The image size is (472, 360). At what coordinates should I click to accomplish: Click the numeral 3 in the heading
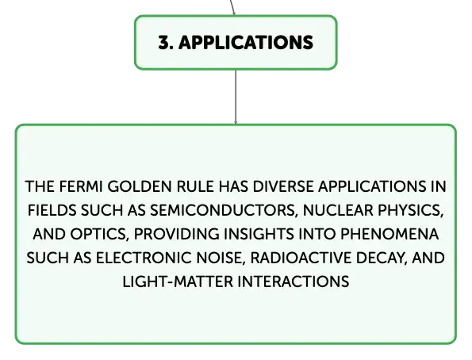[x=164, y=43]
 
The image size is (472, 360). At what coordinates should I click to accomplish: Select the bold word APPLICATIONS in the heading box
[x=246, y=43]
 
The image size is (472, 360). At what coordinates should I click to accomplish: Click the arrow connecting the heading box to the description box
[x=236, y=97]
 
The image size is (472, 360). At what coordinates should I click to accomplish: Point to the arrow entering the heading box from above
[x=232, y=7]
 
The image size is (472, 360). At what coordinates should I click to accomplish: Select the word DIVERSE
[x=283, y=186]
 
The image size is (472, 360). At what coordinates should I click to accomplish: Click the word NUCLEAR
[x=338, y=210]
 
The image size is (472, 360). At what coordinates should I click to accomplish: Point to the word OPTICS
[x=98, y=234]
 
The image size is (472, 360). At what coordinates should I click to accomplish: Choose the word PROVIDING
[x=177, y=234]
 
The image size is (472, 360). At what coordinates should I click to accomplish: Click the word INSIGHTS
[x=259, y=234]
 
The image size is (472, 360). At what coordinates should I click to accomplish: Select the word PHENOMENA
[x=389, y=234]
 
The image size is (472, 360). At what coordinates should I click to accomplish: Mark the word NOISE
[x=221, y=259]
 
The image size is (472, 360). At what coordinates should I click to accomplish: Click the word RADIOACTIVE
[x=301, y=258]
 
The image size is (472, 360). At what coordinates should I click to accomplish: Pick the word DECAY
[x=382, y=259]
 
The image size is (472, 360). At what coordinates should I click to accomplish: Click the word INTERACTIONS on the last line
[x=294, y=282]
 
